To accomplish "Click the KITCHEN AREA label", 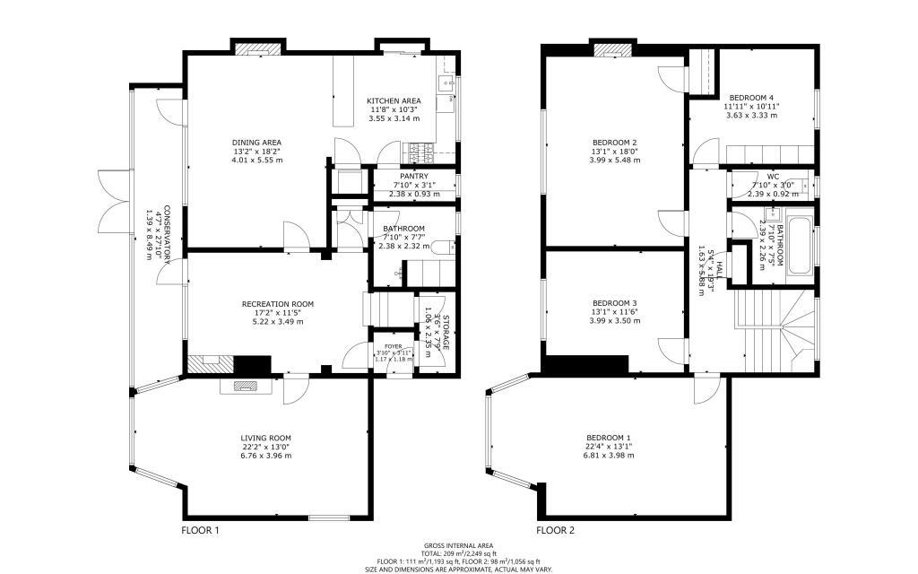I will point(394,100).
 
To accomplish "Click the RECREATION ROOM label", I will point(278,304).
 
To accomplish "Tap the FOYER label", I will point(394,346).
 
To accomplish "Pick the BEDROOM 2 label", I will point(614,143).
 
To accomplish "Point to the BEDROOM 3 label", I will point(614,303).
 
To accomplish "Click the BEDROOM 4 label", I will point(751,97).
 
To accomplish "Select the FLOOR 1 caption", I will point(200,530).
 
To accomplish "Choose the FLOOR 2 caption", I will point(555,530).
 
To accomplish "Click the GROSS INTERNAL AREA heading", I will point(457,545).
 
